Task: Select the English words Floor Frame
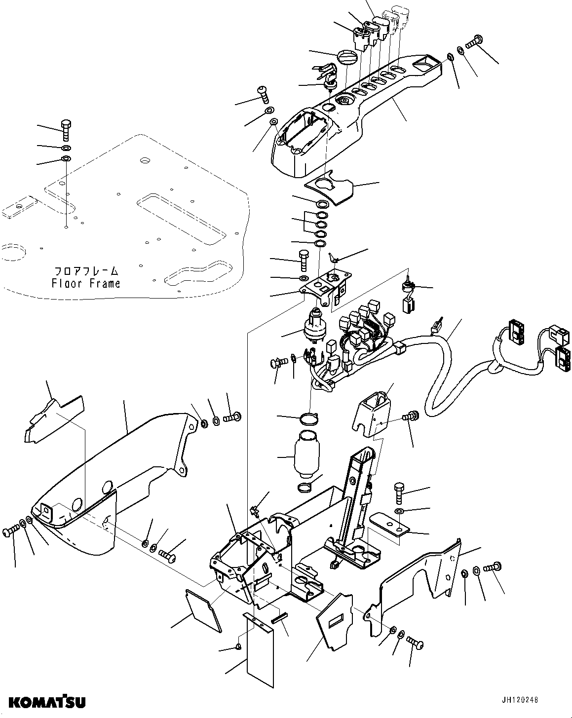86,283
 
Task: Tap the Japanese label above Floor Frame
86,271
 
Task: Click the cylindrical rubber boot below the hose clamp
307,454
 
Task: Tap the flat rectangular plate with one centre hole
390,523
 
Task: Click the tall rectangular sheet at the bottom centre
259,652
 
